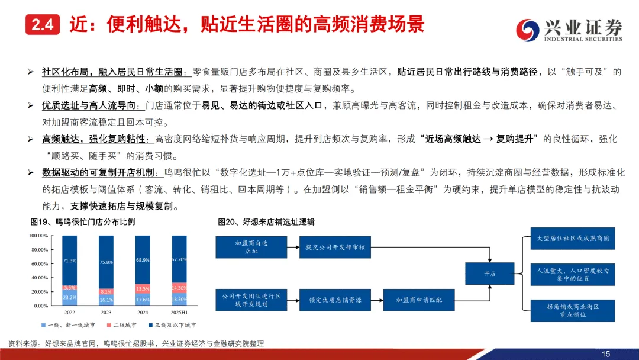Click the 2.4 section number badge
43,25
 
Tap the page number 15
605,353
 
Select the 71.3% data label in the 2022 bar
69,260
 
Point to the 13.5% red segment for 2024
143,289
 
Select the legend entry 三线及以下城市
172,326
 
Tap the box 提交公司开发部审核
335,247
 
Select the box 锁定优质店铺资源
335,300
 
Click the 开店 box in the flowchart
490,274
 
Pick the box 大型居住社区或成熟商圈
573,238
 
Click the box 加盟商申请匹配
419,300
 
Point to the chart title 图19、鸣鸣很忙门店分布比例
83,222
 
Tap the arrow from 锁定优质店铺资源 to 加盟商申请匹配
377,300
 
